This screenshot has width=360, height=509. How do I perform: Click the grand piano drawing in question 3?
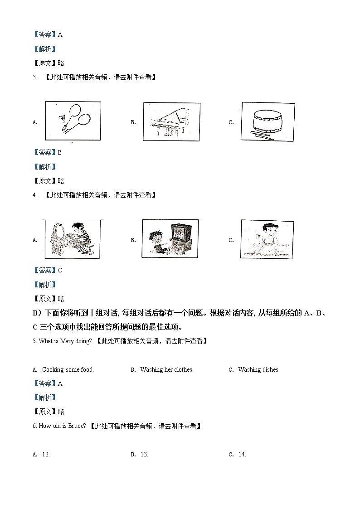(x=171, y=122)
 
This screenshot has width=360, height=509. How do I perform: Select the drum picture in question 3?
(x=268, y=122)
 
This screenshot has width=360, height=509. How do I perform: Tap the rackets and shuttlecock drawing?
(x=73, y=121)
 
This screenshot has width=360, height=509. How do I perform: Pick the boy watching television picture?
(x=170, y=239)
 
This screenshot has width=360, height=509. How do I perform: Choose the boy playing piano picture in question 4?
(x=72, y=239)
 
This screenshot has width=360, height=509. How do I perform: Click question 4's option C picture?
(x=267, y=239)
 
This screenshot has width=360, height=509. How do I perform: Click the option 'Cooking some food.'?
(x=68, y=370)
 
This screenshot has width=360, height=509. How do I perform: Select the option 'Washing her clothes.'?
(x=167, y=370)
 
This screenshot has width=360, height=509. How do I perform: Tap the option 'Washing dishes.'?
(x=258, y=370)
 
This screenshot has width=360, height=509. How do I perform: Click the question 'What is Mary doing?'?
(x=63, y=341)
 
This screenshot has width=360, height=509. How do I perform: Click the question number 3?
(x=34, y=78)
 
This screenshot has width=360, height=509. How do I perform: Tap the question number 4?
(x=34, y=195)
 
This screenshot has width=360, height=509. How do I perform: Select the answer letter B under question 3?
(x=59, y=153)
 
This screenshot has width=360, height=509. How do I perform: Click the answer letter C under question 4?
(x=60, y=271)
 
